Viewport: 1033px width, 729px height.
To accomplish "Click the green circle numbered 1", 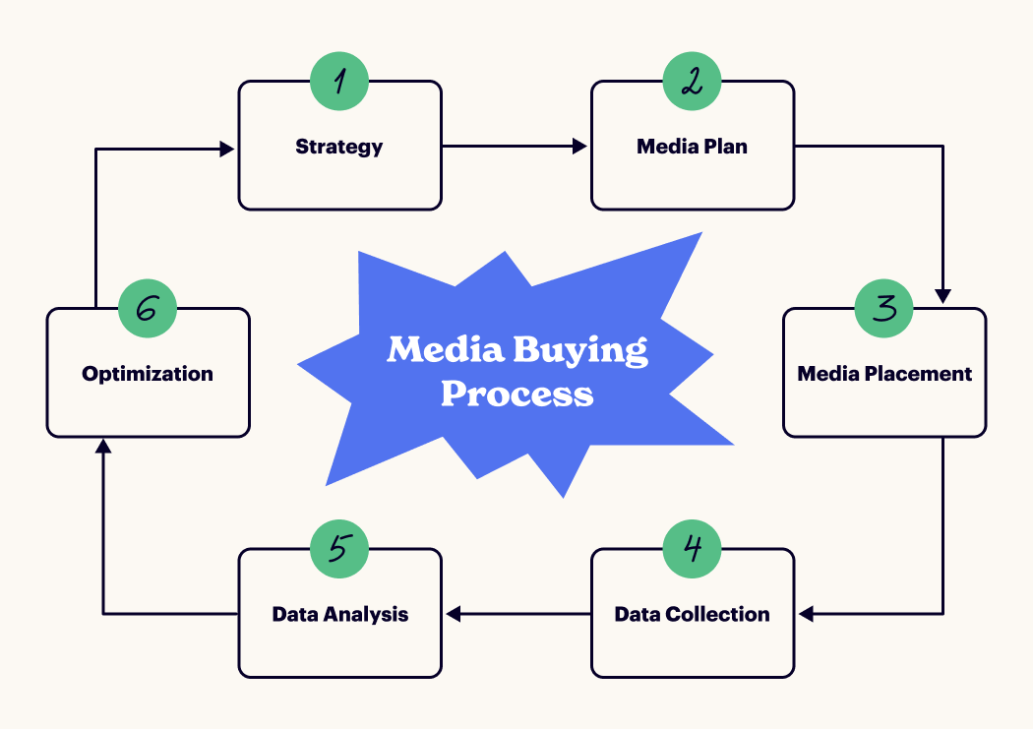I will click(339, 81).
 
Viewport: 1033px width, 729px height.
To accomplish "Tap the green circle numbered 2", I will click(692, 81).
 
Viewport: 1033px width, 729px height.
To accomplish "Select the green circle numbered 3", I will click(884, 308).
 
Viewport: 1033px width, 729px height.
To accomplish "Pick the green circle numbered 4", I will click(692, 548).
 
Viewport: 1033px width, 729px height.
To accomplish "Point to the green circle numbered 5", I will click(339, 548).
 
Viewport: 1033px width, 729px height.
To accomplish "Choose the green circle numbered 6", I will click(148, 308).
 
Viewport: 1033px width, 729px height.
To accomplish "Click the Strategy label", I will click(339, 147).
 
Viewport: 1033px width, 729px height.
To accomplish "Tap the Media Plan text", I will click(692, 147).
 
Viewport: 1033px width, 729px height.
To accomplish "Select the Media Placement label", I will click(884, 374).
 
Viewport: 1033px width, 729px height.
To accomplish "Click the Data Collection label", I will click(692, 614).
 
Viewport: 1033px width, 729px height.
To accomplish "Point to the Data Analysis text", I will click(339, 614).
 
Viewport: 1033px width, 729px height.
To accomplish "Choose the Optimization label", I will click(148, 374).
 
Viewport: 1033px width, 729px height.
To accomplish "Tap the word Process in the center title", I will click(516, 394).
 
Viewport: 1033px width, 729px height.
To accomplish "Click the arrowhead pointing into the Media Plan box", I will click(580, 147).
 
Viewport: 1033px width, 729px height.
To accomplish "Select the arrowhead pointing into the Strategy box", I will click(227, 149).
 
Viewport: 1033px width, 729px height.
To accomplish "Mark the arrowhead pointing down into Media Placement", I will click(942, 295).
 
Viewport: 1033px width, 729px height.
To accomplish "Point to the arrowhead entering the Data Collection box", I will click(806, 614).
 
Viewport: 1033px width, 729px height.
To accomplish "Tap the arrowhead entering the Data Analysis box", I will click(454, 614).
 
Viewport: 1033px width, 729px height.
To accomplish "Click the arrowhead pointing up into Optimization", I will click(103, 447).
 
